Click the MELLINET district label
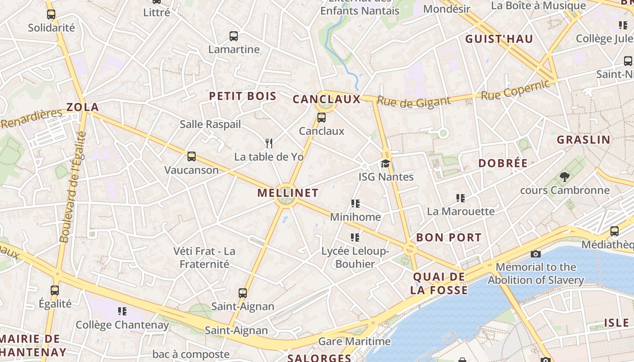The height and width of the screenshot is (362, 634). click(x=288, y=193)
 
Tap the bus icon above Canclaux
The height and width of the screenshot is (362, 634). click(x=322, y=118)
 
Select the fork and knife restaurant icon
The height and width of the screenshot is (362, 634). click(x=269, y=143)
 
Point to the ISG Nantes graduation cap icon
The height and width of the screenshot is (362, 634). click(x=385, y=163)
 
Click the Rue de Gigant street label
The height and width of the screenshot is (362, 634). click(x=414, y=102)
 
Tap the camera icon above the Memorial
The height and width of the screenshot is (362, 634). click(x=536, y=254)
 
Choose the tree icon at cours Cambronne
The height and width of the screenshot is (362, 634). click(x=564, y=177)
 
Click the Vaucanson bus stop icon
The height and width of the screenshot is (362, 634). click(x=192, y=157)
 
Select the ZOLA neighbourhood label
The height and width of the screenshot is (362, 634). click(x=82, y=107)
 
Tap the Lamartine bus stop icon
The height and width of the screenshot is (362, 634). click(x=234, y=36)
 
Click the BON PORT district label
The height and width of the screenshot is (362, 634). click(x=449, y=238)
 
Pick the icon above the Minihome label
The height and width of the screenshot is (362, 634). click(x=355, y=204)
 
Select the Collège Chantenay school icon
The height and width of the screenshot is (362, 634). click(x=122, y=311)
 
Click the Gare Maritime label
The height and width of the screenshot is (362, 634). click(x=355, y=342)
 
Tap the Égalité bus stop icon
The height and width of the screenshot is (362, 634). click(x=55, y=290)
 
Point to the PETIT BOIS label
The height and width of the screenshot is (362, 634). click(x=243, y=96)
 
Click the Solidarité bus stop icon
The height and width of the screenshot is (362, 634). click(x=51, y=14)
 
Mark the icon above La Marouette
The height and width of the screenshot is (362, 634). click(x=461, y=198)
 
